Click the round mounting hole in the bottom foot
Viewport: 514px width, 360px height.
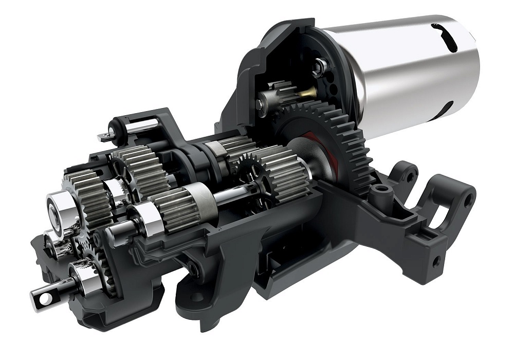click(x=196, y=297)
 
